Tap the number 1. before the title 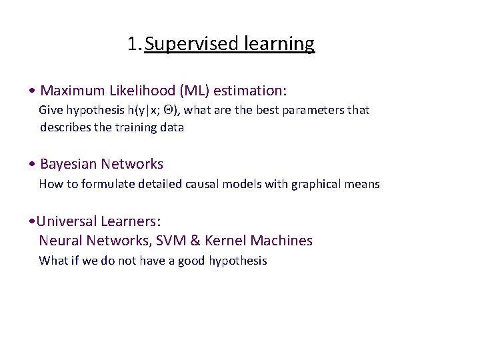point(135,44)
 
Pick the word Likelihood point(138,90)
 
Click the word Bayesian point(68,164)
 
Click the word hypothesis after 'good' point(237,261)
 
